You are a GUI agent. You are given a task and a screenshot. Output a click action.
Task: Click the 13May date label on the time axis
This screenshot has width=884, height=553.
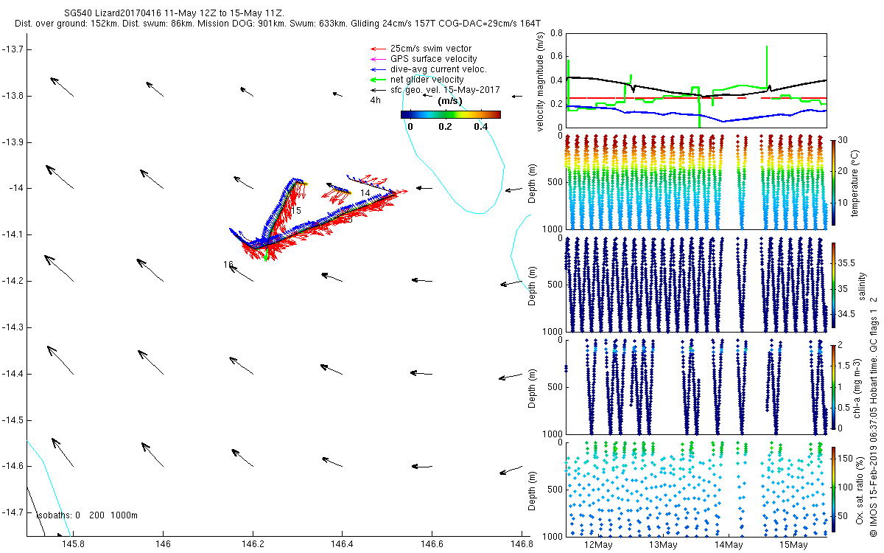[663, 544]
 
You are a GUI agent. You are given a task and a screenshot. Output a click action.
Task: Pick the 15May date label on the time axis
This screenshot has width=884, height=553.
[793, 544]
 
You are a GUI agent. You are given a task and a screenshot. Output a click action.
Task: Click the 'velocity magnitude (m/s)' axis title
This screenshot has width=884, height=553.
[541, 80]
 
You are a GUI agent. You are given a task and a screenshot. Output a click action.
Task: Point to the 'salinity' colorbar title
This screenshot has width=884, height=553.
[862, 284]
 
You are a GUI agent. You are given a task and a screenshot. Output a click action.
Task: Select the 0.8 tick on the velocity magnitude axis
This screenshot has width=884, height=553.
[556, 32]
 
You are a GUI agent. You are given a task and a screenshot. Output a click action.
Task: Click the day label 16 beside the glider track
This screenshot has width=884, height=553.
[228, 264]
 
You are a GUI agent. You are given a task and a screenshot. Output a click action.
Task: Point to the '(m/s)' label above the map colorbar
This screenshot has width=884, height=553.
[450, 101]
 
